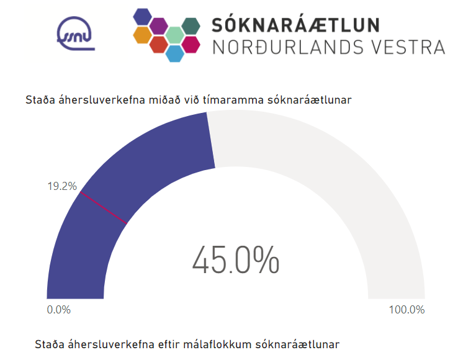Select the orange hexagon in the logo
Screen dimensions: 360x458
coord(143,35)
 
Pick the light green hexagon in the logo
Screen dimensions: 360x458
coord(175,35)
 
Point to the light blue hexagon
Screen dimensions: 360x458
coord(175,54)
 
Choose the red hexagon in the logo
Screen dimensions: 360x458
coord(159,45)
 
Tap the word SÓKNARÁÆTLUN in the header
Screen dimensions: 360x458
coord(295,24)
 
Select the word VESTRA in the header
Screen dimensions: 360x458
coord(412,47)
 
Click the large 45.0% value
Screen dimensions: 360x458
coord(236,261)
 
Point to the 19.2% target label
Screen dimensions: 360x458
coord(62,186)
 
